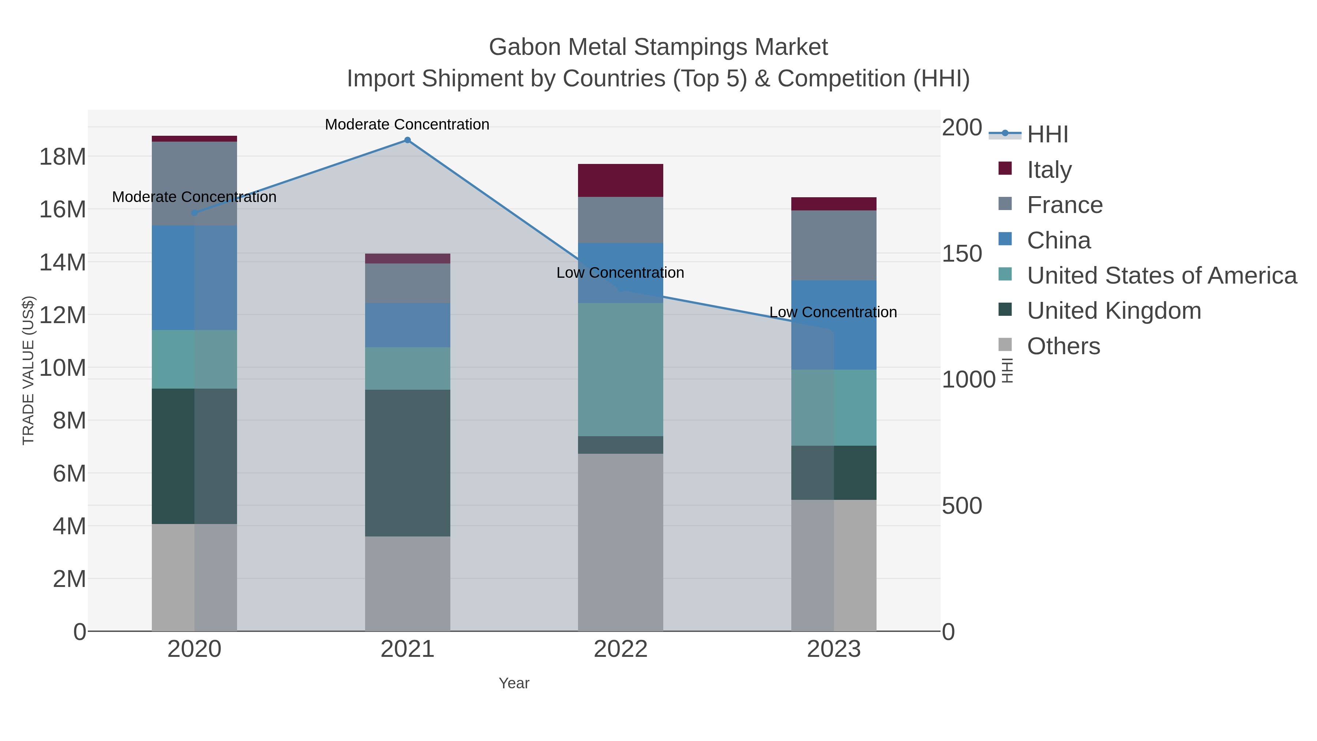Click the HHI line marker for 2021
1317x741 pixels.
pos(408,140)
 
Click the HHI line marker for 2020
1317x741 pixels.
pos(194,213)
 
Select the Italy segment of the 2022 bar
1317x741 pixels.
pos(620,180)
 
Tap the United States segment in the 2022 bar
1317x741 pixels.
pos(620,369)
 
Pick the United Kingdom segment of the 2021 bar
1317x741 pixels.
pos(408,463)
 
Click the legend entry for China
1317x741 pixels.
pos(1058,240)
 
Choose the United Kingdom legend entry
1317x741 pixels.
pos(1114,311)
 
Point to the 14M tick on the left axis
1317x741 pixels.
pos(62,262)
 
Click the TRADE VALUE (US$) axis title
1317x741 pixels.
pos(29,370)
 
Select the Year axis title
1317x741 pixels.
pos(514,683)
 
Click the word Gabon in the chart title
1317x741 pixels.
pos(525,47)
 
